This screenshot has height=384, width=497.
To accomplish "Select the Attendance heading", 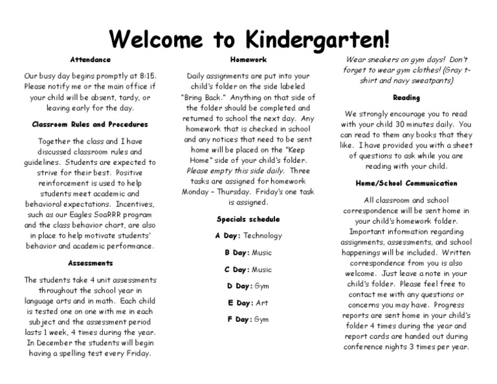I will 91,59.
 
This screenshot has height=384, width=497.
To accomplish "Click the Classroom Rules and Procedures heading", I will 91,124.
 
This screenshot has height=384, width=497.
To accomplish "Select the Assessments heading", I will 91,263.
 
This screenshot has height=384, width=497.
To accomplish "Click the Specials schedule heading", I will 248,219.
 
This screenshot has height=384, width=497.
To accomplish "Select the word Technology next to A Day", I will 263,236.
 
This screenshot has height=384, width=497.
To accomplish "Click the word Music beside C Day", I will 261,270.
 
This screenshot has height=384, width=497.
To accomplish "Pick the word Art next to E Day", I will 261,303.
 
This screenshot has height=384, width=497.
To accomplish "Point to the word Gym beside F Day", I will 261,319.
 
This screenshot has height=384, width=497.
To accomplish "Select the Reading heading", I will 406,98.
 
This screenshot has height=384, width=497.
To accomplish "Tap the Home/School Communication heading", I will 406,184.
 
